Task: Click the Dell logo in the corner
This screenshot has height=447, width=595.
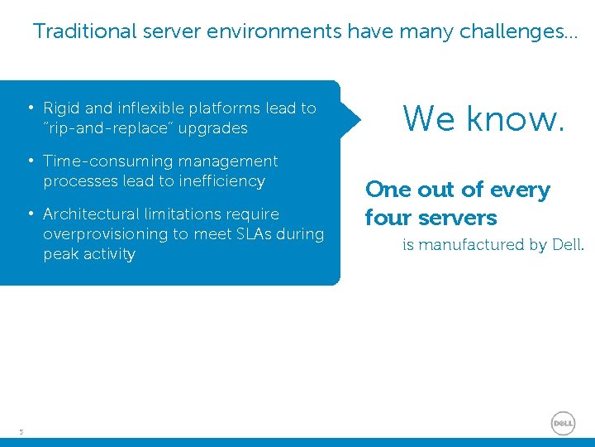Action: pyautogui.click(x=563, y=423)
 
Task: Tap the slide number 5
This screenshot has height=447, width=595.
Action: pyautogui.click(x=21, y=431)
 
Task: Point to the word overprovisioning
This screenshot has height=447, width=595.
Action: pyautogui.click(x=105, y=234)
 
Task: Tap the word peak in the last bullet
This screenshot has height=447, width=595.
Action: pyautogui.click(x=60, y=254)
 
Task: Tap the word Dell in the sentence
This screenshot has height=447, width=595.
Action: pyautogui.click(x=568, y=244)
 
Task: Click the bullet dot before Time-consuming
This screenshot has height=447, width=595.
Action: pyautogui.click(x=30, y=161)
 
